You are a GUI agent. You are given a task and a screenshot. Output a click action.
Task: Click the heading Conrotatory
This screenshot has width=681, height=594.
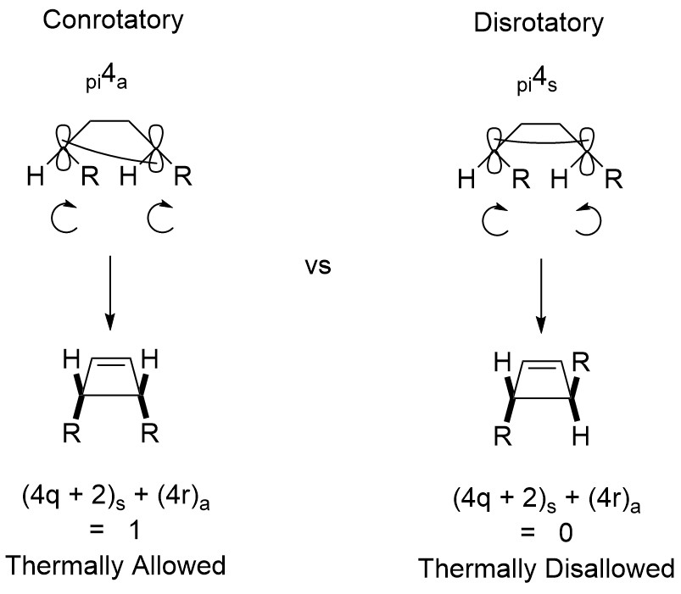pyautogui.click(x=113, y=20)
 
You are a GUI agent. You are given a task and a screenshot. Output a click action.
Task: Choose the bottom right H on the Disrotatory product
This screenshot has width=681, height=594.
pyautogui.click(x=581, y=438)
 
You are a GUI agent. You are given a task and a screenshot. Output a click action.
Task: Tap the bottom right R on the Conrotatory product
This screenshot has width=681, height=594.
pyautogui.click(x=150, y=438)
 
